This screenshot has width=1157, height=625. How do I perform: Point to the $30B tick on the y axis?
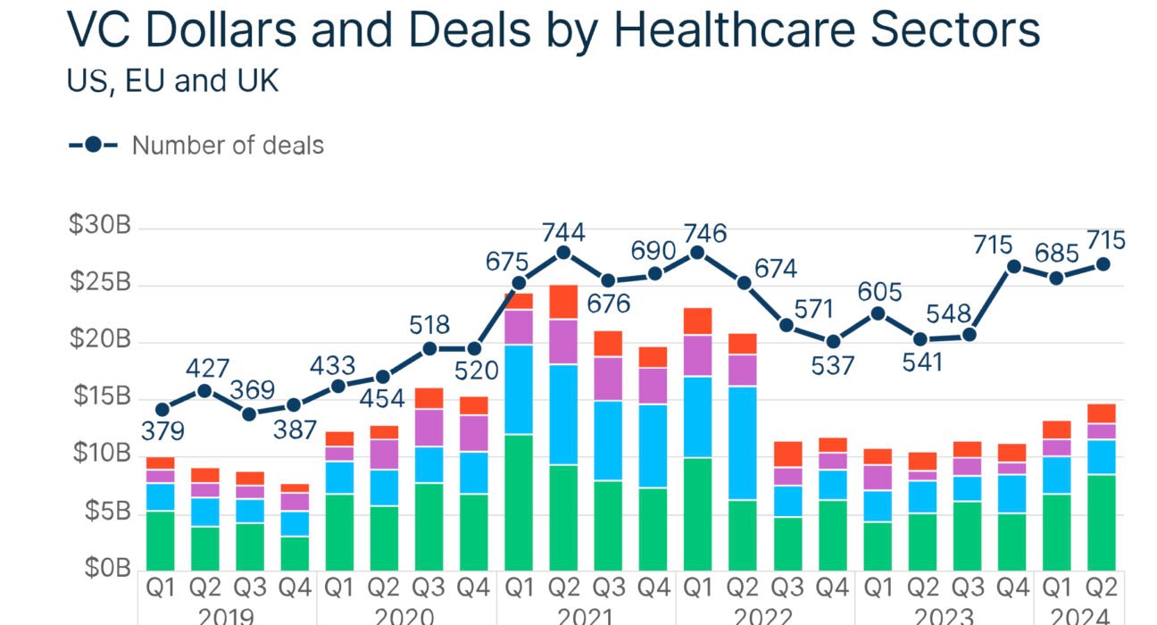(99, 226)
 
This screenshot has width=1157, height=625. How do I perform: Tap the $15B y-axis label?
(99, 396)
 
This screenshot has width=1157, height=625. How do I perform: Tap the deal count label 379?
(162, 432)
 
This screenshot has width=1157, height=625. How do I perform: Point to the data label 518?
(429, 325)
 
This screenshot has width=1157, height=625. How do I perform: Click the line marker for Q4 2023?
(1013, 266)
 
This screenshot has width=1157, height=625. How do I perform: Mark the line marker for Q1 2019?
(161, 410)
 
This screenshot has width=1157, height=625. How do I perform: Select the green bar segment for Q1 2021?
(519, 502)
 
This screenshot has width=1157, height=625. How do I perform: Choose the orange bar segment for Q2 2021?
(563, 303)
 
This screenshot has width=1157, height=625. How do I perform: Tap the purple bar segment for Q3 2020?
(429, 428)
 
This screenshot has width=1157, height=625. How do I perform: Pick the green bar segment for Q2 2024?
(1101, 521)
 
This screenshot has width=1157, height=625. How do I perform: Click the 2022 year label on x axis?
(764, 615)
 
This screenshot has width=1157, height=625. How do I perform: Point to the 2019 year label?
(227, 615)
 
